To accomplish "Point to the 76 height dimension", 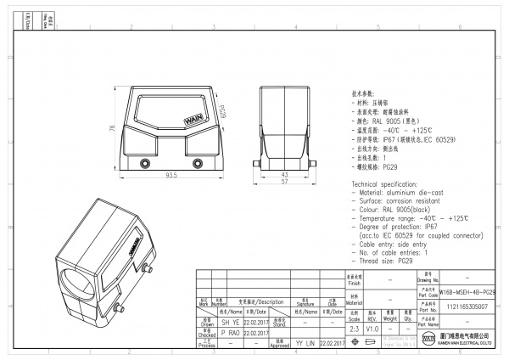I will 112,129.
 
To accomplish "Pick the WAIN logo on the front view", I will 193,118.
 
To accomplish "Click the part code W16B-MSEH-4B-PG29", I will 467,291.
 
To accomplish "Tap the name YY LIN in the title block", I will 305,343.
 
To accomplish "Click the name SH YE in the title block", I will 207,323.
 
